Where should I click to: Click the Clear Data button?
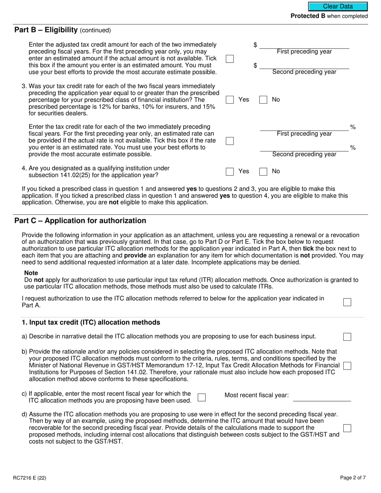coord(338,6)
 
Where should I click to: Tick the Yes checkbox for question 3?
coord(230,100)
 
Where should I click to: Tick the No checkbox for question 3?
coord(263,100)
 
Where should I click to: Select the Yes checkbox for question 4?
coord(230,172)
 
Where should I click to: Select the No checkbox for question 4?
coord(263,172)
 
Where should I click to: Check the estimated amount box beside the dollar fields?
coord(230,59)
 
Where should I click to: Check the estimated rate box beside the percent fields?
coord(230,141)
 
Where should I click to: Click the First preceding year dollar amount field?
coord(304,44)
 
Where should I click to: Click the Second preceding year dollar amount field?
coord(304,65)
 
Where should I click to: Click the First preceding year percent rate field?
coord(304,127)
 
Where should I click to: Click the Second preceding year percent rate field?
coord(304,147)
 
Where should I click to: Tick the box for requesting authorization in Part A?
coord(347,302)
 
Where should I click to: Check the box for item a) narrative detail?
coord(347,337)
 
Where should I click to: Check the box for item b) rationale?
coord(347,366)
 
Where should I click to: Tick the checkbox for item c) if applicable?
coord(202,397)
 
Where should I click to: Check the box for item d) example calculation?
coord(347,428)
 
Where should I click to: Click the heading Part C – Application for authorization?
coord(80,221)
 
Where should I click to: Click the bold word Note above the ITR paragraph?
coord(31,273)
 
